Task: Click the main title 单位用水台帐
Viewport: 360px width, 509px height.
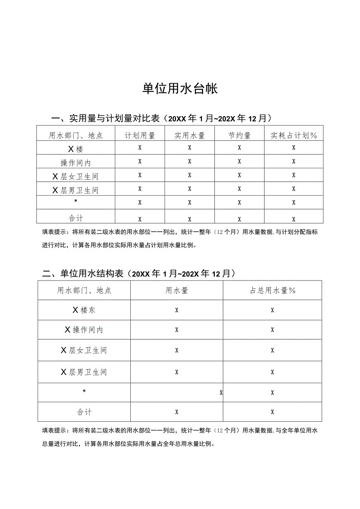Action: coord(180,89)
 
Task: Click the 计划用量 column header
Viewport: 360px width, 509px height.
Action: coord(140,135)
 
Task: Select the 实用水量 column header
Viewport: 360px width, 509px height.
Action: coord(189,135)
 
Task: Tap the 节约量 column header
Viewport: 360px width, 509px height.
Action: coord(239,135)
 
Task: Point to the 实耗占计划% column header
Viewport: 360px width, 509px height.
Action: coord(294,135)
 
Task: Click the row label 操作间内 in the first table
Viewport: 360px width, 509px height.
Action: coord(76,162)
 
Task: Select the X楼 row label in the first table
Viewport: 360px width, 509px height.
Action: coord(76,149)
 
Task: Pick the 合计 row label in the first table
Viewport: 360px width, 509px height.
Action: coord(76,218)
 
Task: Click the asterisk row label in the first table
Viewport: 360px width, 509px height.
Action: coord(76,201)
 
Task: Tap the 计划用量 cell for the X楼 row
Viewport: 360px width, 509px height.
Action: coord(140,148)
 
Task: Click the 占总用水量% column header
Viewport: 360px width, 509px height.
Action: coord(272,290)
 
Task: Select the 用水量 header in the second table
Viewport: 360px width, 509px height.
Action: coord(176,290)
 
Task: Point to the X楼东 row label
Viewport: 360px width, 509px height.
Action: coord(84,310)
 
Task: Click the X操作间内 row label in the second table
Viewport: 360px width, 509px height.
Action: coord(84,330)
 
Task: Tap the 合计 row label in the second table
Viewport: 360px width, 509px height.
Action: coord(84,412)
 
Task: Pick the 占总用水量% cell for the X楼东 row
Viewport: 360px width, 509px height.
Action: coord(272,310)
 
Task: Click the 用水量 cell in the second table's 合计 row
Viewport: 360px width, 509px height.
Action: coord(176,412)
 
